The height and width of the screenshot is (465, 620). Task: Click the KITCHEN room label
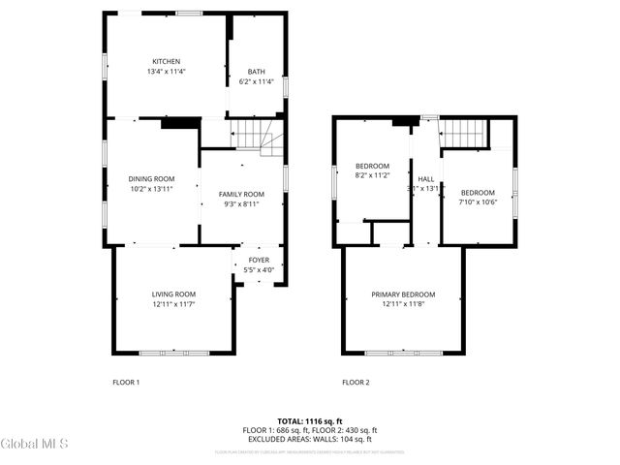coord(166,61)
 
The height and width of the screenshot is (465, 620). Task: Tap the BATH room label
coord(256,71)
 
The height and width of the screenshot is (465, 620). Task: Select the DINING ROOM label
coord(151,178)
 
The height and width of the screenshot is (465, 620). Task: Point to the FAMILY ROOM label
coord(241,194)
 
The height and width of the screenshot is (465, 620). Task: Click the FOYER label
coord(259,260)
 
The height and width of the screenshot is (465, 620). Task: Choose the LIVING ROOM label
coord(173,294)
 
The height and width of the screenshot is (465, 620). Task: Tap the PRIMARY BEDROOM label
coord(403,294)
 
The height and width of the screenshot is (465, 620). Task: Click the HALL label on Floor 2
coord(426,179)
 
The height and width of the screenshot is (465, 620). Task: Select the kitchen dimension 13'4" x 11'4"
coord(166,72)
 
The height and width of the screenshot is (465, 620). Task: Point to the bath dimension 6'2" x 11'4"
coord(256,81)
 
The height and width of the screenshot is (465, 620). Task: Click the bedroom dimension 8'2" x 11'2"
coord(372,175)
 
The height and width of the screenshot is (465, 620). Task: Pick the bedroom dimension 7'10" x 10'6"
coord(478,201)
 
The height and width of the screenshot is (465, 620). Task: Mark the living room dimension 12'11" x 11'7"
coord(173,304)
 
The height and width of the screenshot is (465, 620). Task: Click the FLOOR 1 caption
coord(126,382)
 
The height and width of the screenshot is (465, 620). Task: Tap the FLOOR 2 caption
coord(356,382)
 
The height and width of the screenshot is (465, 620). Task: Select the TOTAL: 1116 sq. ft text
coord(310,420)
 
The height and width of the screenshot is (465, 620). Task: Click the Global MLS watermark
coord(34,444)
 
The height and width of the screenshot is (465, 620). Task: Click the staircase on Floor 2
coord(464,135)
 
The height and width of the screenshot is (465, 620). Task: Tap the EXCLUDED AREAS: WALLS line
coord(310,439)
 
